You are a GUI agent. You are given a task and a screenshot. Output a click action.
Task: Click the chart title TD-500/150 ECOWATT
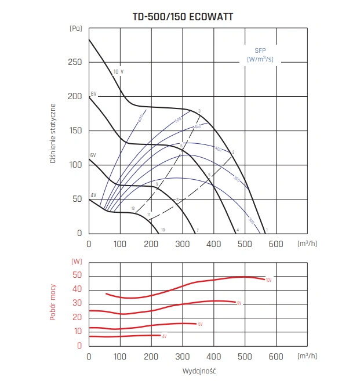[x=183, y=17]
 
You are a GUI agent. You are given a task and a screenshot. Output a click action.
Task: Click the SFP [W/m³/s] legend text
[x=259, y=55]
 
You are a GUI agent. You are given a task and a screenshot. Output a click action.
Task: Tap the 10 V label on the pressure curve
[x=118, y=71]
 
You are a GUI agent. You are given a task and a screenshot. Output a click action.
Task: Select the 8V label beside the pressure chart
[x=93, y=94]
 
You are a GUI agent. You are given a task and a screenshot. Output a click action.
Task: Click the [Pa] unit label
[x=75, y=28]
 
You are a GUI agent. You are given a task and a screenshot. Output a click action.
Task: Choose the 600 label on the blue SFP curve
[x=140, y=118]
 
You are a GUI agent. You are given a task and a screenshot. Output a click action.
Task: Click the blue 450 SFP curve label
[x=197, y=126]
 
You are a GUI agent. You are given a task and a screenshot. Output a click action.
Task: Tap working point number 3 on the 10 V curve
[x=199, y=111]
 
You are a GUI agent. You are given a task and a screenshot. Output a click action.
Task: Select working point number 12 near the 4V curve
[x=133, y=208]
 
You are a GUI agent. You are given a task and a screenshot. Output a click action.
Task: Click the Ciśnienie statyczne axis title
[x=53, y=133]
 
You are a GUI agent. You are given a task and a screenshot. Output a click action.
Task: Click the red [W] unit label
[x=77, y=262]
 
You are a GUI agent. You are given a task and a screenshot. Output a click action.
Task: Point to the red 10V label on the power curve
[x=268, y=280]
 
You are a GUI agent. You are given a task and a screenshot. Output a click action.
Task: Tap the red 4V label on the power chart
[x=164, y=336]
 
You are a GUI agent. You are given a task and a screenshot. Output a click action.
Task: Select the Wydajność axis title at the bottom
[x=183, y=370]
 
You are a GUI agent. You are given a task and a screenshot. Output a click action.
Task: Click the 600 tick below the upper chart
[x=277, y=244]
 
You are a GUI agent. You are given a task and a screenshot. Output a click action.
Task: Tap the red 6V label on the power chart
[x=200, y=324]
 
